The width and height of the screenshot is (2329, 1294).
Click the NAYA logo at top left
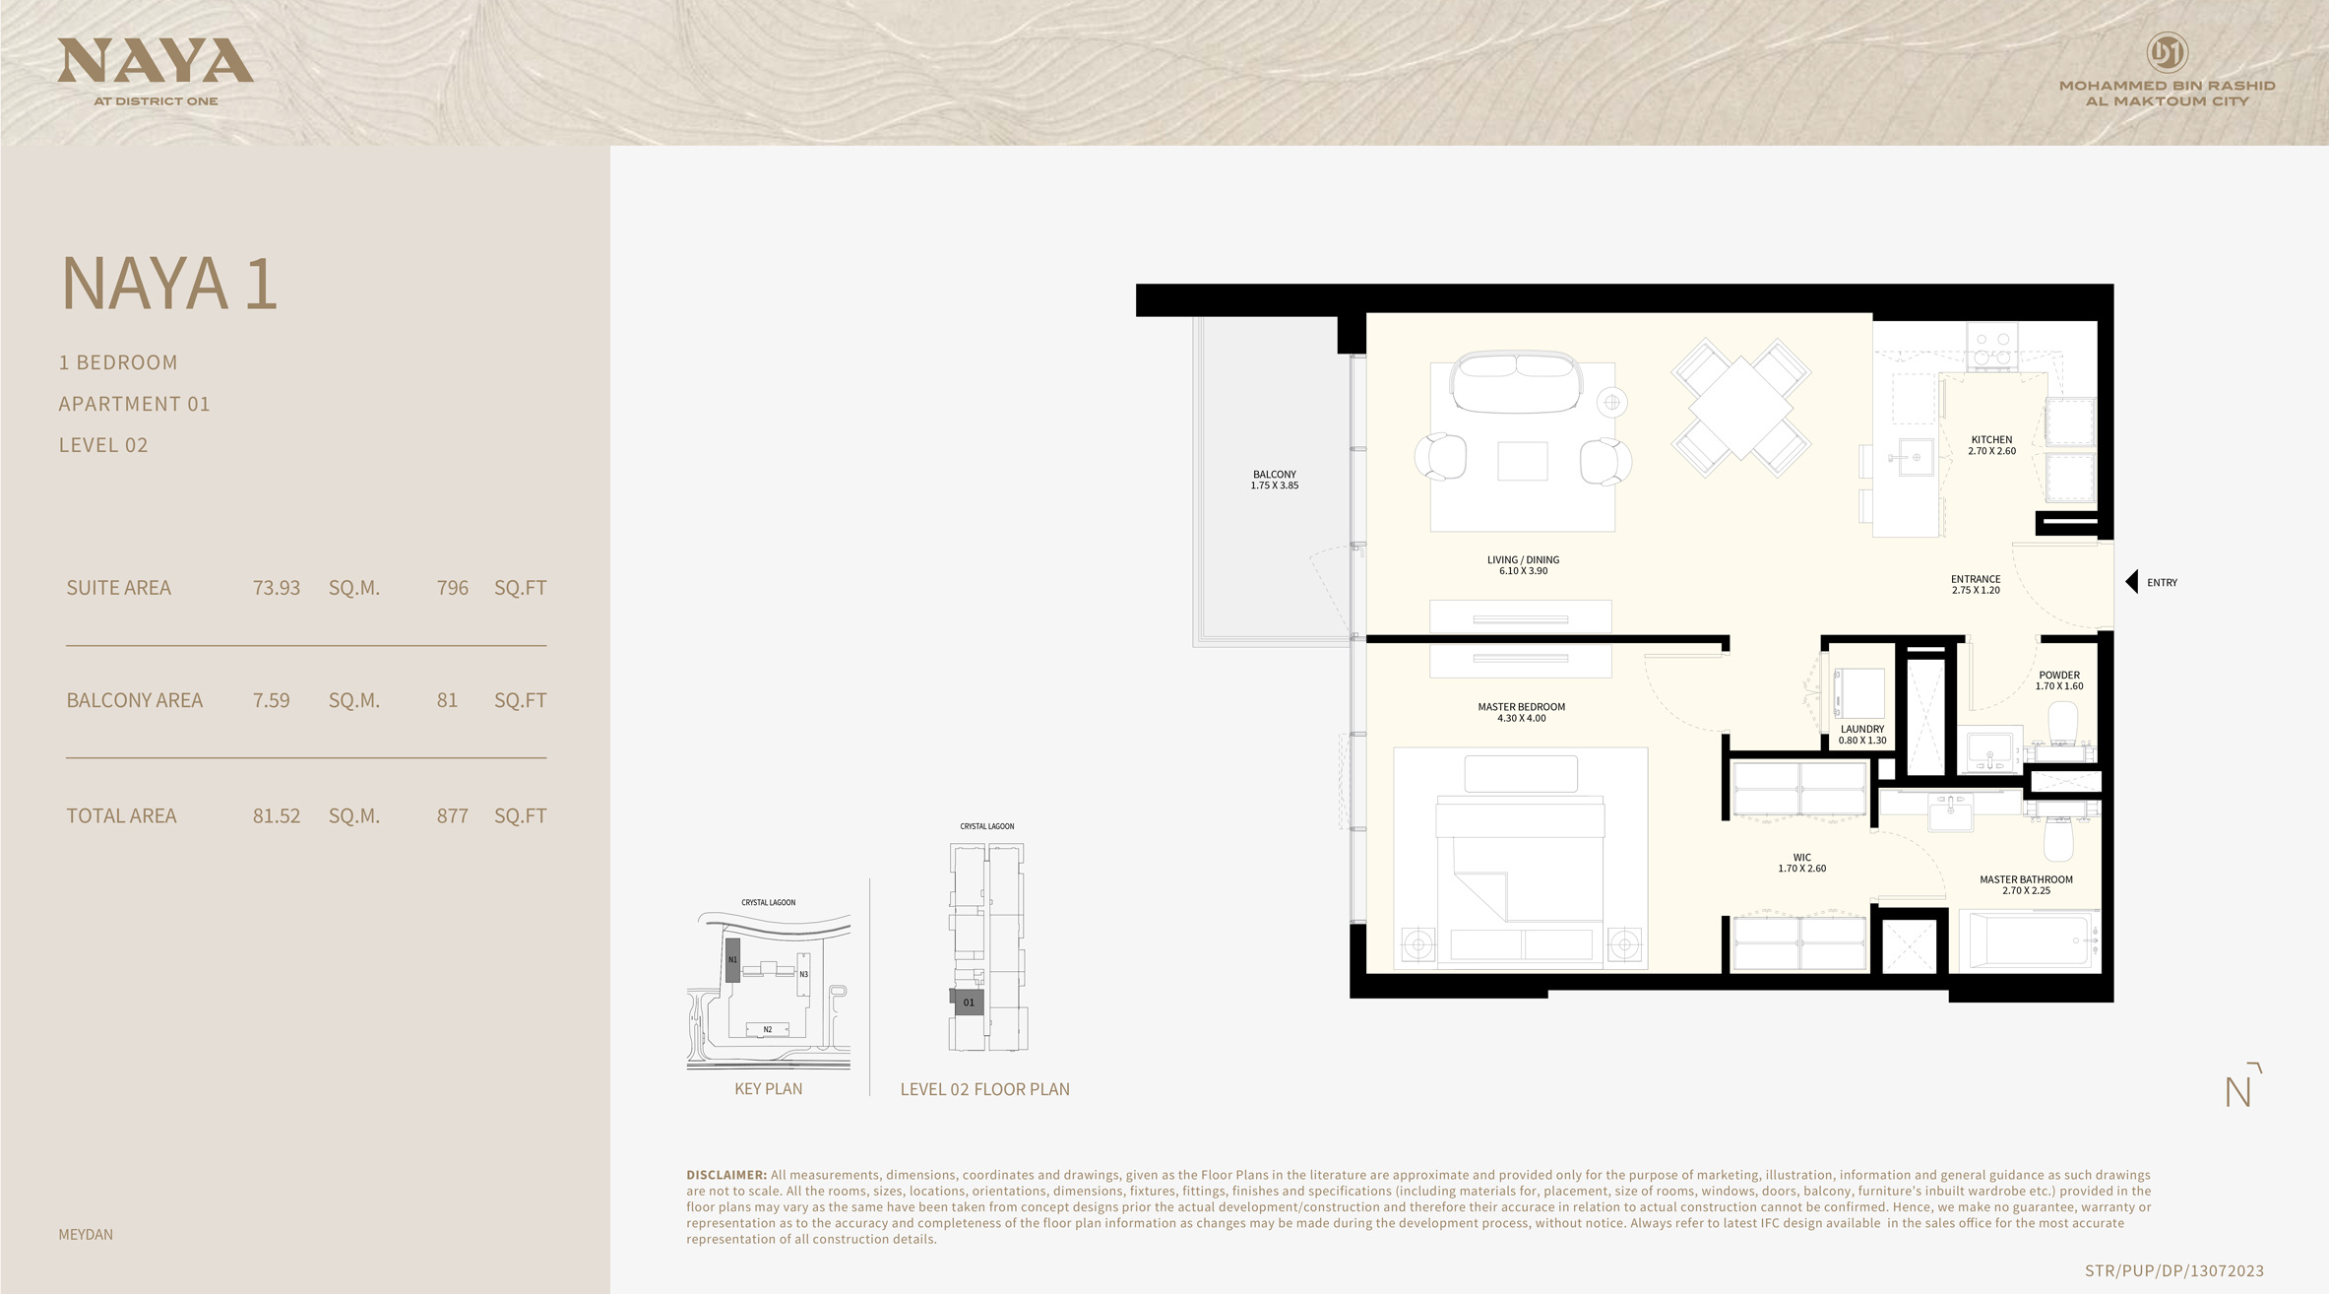(156, 63)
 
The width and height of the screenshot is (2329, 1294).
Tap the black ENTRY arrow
(2132, 582)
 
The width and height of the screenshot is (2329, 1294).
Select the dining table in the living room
(1740, 407)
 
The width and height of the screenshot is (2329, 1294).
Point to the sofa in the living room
(1517, 383)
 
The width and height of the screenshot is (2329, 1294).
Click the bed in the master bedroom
(1521, 867)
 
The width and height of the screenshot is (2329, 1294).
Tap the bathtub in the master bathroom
(2029, 940)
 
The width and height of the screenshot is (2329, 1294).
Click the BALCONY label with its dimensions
(1275, 480)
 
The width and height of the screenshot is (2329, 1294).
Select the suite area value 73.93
(276, 588)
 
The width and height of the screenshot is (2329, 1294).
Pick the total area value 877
(452, 816)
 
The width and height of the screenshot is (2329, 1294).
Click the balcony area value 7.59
(271, 701)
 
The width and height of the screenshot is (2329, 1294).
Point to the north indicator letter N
(2237, 1092)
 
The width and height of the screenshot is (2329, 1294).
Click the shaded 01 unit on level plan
(969, 1003)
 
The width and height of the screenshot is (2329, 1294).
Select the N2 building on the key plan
(768, 1029)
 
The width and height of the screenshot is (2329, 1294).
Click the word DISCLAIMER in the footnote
(725, 1175)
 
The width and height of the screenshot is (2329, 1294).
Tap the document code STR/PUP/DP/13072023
(2173, 1271)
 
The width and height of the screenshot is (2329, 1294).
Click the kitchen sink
(1916, 458)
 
